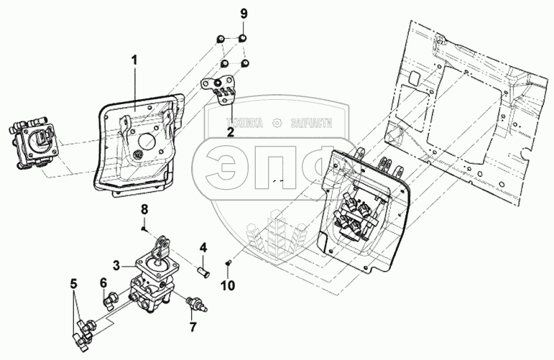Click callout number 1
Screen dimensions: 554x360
(x=133, y=60)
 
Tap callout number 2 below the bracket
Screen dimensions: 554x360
(x=230, y=131)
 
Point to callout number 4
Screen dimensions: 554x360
(x=203, y=249)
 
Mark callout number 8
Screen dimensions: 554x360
(x=144, y=209)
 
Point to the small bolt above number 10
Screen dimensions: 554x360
(x=228, y=263)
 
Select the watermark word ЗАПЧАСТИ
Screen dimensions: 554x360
(x=312, y=123)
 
